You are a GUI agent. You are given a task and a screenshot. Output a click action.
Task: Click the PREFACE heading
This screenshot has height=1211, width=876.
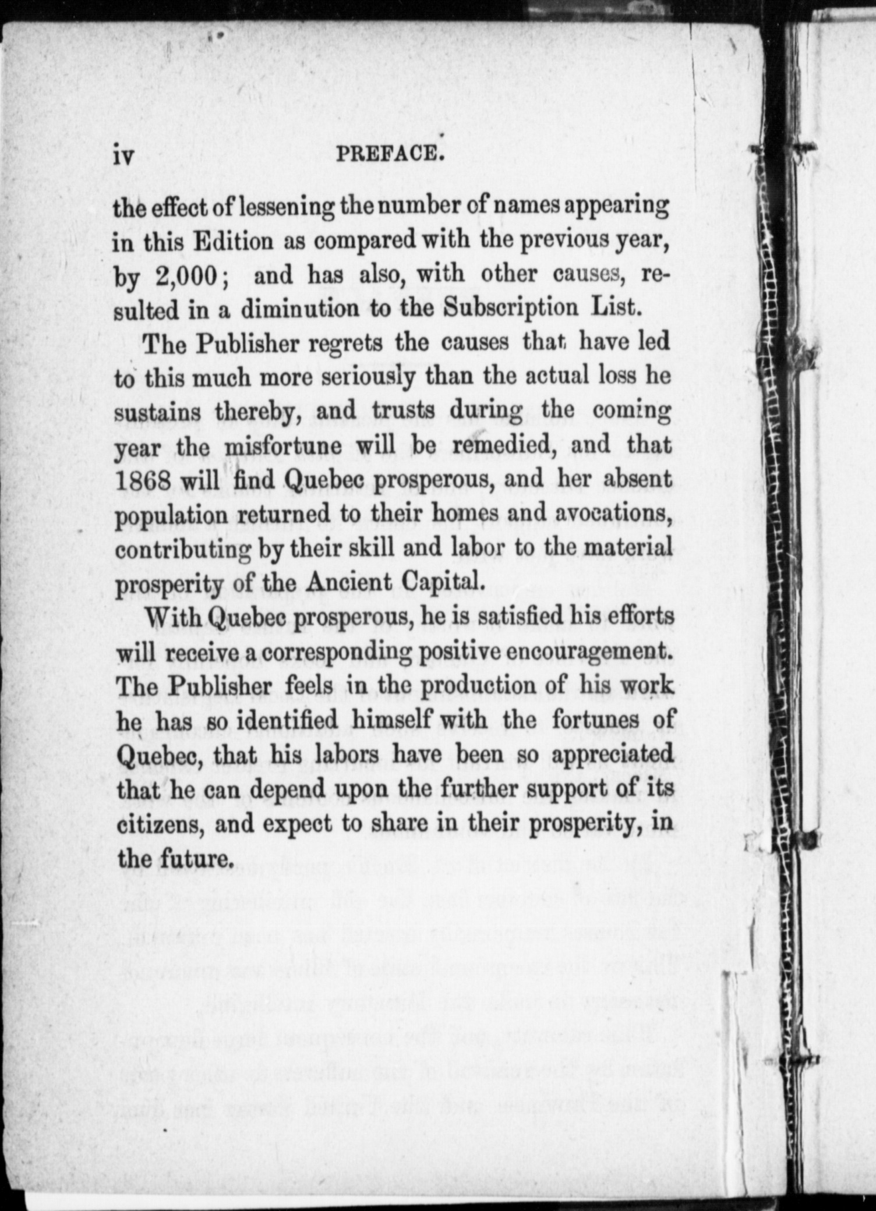click(387, 154)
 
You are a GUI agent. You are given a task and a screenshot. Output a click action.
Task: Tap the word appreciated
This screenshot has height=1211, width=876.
click(612, 755)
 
